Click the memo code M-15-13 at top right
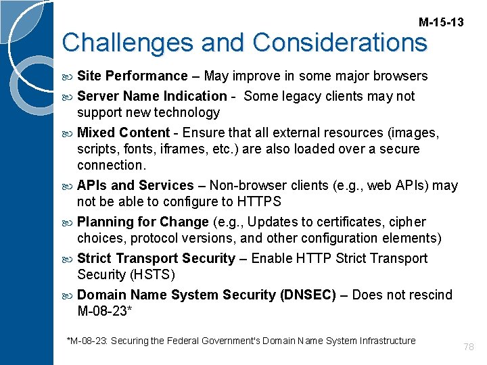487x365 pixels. point(441,22)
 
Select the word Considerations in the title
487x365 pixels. point(340,43)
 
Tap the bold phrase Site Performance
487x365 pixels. point(132,76)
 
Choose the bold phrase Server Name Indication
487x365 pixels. point(152,96)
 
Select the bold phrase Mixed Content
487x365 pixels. point(123,132)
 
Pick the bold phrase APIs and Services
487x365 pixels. point(135,185)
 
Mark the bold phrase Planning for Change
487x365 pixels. point(143,222)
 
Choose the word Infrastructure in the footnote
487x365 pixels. point(383,341)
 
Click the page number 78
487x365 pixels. point(469,347)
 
